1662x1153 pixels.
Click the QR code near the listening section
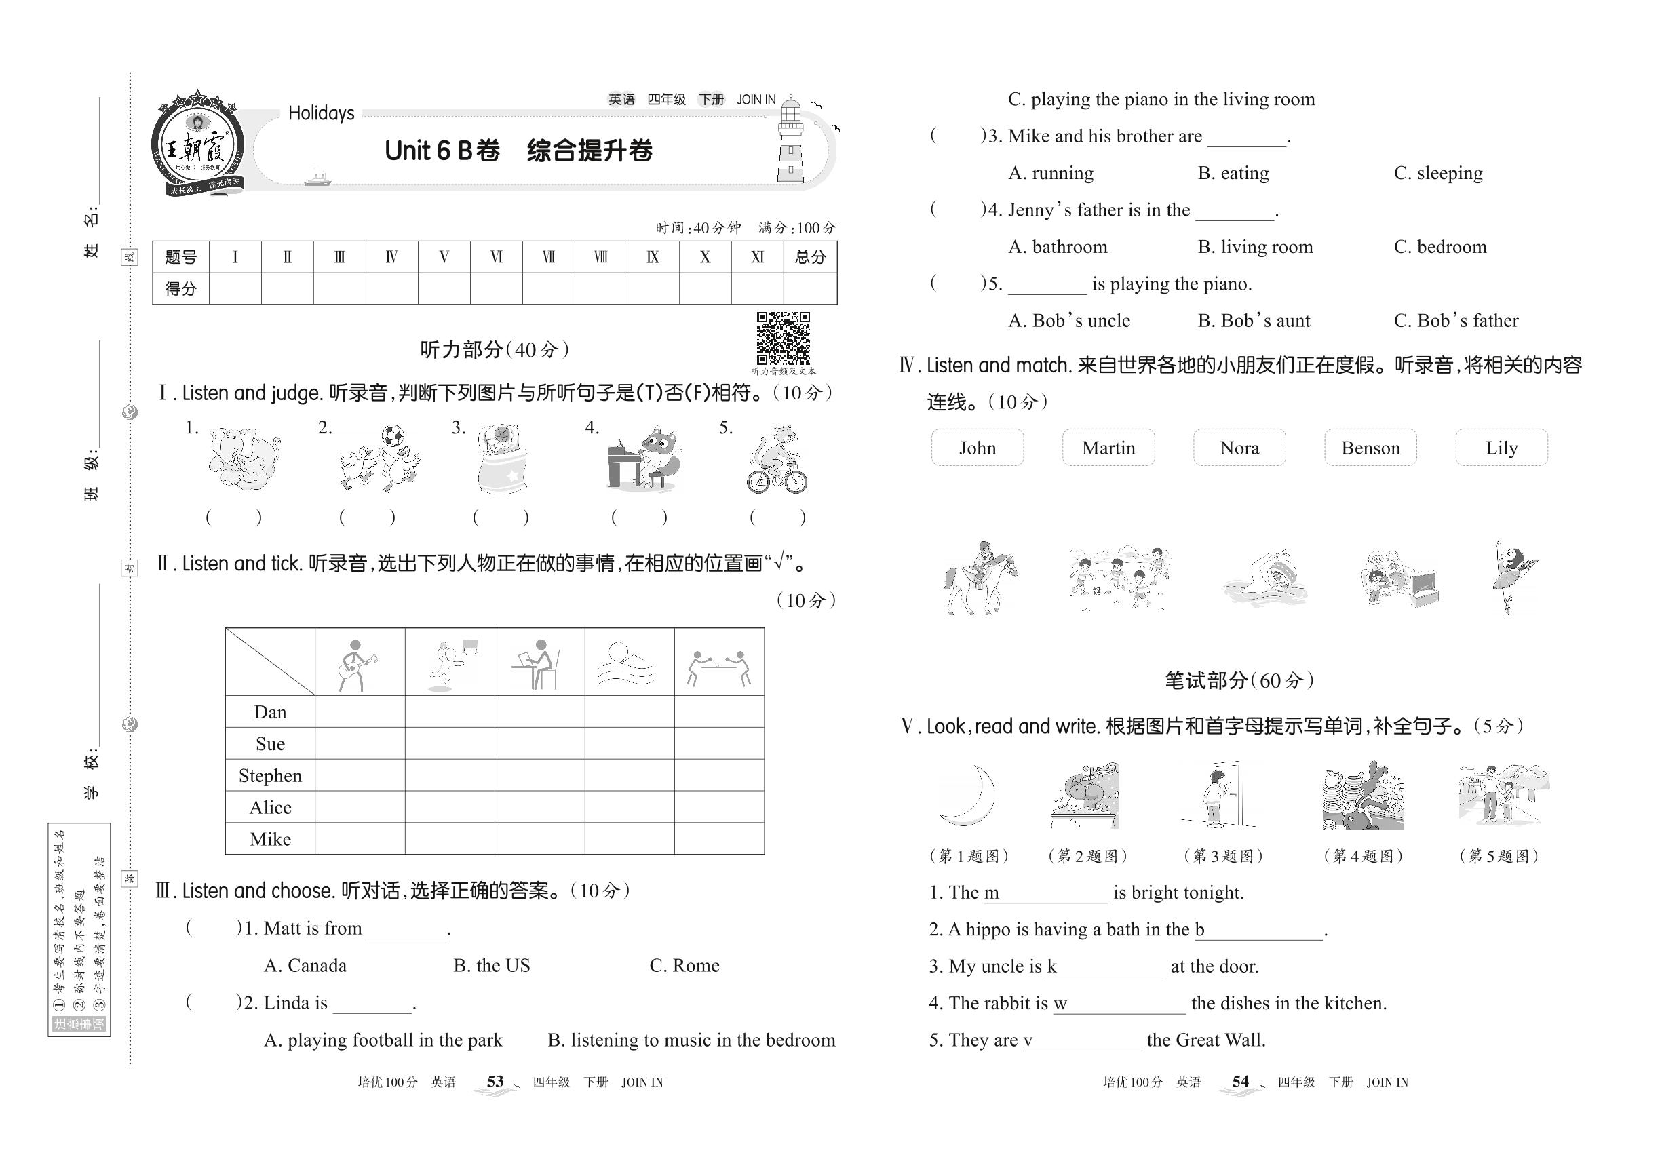click(x=783, y=338)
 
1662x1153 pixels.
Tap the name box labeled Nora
click(x=1239, y=447)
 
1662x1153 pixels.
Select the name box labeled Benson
click(x=1370, y=447)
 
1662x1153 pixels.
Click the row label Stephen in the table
click(x=270, y=775)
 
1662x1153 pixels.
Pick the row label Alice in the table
click(x=270, y=807)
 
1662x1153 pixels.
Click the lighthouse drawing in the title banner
click(x=790, y=141)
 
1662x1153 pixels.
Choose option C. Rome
click(x=684, y=965)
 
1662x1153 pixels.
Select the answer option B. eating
click(x=1233, y=173)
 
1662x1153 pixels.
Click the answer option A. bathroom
click(x=1057, y=246)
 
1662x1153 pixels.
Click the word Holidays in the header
click(x=321, y=113)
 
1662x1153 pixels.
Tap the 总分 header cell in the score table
click(x=809, y=257)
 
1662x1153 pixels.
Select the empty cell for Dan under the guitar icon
click(x=360, y=711)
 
